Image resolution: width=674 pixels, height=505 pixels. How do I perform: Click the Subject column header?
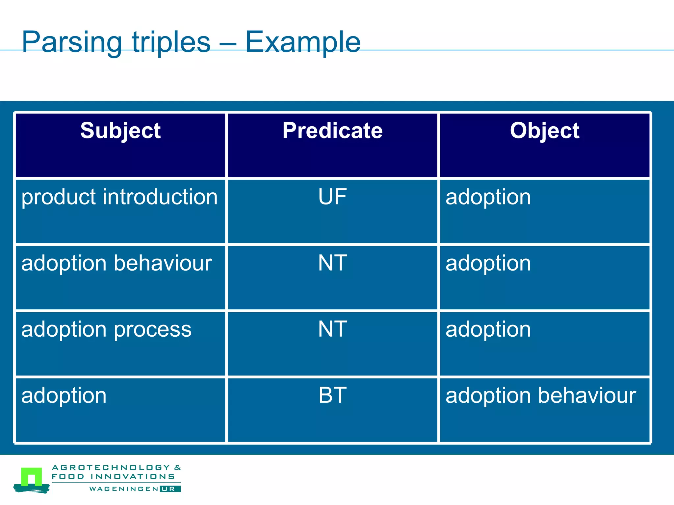pyautogui.click(x=120, y=131)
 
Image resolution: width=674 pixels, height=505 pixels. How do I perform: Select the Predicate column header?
pyautogui.click(x=332, y=131)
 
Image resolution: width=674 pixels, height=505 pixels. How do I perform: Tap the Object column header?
pyautogui.click(x=544, y=131)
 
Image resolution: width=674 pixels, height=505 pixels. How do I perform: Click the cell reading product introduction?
pyautogui.click(x=119, y=197)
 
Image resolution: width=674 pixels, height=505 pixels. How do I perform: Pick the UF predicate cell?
pyautogui.click(x=332, y=197)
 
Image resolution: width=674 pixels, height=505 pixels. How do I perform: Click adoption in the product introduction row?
pyautogui.click(x=488, y=197)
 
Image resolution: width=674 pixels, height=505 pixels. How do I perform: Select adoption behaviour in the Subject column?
pyautogui.click(x=117, y=263)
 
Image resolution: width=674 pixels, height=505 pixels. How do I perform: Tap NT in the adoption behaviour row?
pyautogui.click(x=332, y=263)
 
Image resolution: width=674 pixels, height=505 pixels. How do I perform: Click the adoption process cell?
pyautogui.click(x=106, y=329)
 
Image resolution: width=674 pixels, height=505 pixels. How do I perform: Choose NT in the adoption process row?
pyautogui.click(x=332, y=329)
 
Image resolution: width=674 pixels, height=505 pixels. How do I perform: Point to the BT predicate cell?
pyautogui.click(x=332, y=396)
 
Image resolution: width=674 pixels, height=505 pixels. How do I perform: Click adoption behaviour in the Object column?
pyautogui.click(x=540, y=396)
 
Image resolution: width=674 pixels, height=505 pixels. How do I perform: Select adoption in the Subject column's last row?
pyautogui.click(x=64, y=396)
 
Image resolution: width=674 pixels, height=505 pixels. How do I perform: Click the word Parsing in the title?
pyautogui.click(x=72, y=43)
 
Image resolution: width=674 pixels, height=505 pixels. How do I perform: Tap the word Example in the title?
pyautogui.click(x=303, y=43)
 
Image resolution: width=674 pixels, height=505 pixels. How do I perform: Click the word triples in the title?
pyautogui.click(x=171, y=43)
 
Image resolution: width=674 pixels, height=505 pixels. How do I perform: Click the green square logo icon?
pyautogui.click(x=32, y=477)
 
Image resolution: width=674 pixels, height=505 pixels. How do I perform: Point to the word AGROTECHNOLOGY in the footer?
pyautogui.click(x=111, y=468)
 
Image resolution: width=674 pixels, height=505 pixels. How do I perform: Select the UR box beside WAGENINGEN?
pyautogui.click(x=170, y=489)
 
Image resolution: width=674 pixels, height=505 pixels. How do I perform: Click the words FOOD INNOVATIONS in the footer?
pyautogui.click(x=113, y=476)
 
